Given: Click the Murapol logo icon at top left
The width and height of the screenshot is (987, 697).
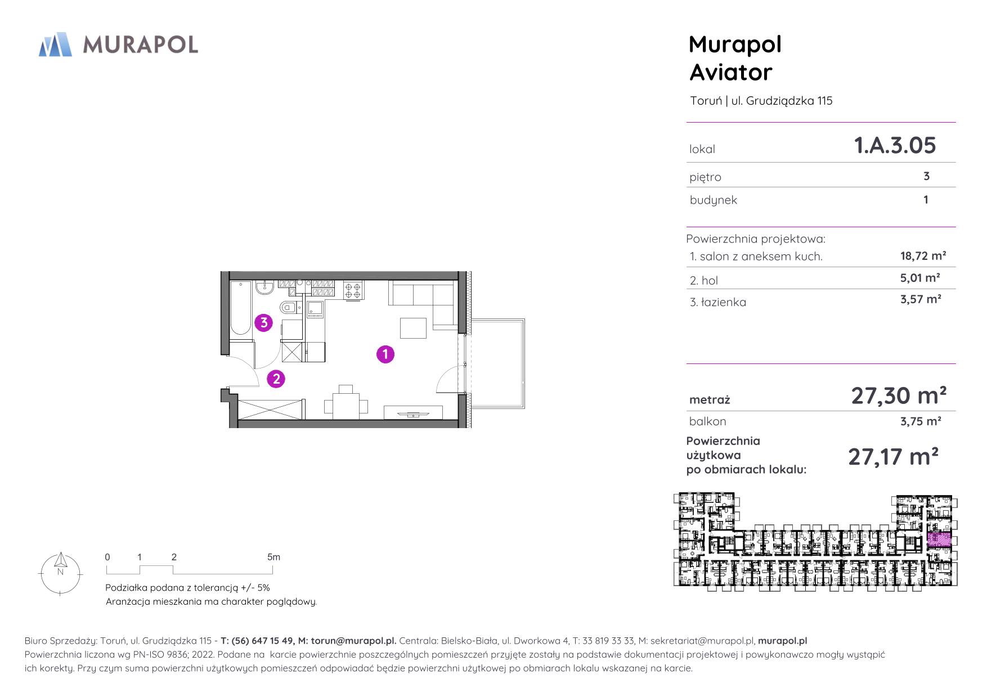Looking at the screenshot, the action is (55, 44).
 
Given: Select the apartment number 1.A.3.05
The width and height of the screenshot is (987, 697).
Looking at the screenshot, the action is (895, 145).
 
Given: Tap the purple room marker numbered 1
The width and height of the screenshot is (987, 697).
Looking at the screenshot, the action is (385, 354).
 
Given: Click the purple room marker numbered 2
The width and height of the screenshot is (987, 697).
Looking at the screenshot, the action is (276, 379).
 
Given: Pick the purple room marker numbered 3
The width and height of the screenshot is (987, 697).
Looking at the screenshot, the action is (264, 323).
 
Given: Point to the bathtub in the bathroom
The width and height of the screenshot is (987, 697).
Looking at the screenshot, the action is (241, 308).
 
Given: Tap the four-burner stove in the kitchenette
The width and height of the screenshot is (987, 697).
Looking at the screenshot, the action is (353, 290).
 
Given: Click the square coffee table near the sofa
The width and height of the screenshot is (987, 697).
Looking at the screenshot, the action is (413, 328).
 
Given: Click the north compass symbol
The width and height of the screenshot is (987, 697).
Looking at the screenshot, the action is (60, 573).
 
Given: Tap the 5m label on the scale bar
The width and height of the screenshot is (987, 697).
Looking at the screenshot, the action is (273, 557).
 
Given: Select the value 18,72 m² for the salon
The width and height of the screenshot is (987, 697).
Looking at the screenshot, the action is (923, 255).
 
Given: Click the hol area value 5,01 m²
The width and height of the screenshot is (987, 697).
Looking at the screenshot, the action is (920, 277).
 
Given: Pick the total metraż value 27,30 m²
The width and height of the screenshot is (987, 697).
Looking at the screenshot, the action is (899, 395).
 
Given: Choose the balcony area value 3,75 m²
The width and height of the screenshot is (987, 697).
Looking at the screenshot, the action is (921, 421).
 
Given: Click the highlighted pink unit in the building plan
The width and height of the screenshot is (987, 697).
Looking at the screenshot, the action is (939, 539).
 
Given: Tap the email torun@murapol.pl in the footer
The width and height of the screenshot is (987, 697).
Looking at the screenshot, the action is (353, 641).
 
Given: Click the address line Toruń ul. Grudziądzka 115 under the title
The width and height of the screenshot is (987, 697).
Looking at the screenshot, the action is (761, 101).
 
